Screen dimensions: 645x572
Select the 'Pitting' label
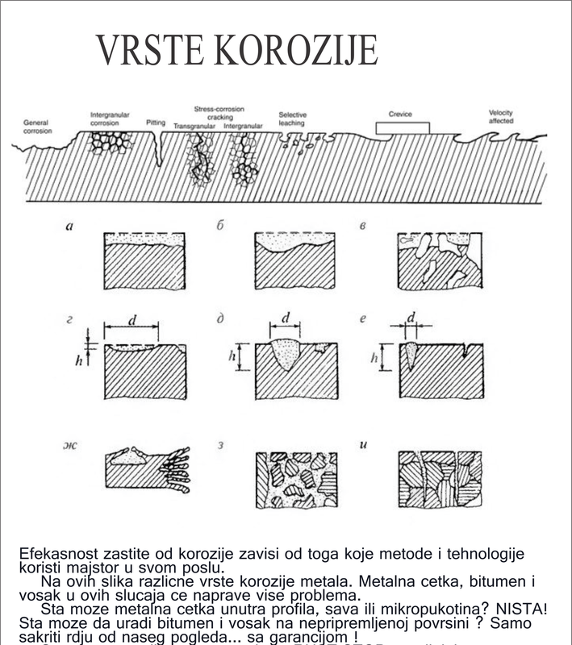tap(156, 123)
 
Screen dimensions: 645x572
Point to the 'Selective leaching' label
tap(292, 119)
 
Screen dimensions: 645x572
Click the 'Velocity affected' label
tap(503, 116)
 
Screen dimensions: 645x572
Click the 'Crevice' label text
tap(400, 114)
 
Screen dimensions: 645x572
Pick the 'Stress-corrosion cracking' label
tap(219, 113)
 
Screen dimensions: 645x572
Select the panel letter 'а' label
tap(71, 227)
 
